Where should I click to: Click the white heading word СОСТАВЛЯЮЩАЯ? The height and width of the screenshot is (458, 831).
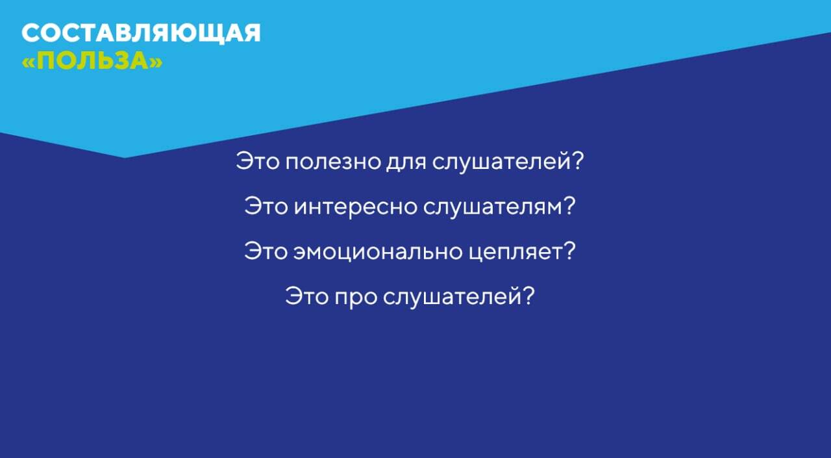[x=141, y=33]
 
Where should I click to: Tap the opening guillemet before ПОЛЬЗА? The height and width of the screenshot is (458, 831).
[x=28, y=62]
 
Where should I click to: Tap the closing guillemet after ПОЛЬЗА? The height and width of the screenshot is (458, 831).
[x=156, y=62]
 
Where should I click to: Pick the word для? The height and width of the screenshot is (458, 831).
[x=406, y=162]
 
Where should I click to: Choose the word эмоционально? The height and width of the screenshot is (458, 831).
[x=378, y=251]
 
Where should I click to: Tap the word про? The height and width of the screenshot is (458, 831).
[x=356, y=298]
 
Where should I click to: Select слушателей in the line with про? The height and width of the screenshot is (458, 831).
[x=451, y=296]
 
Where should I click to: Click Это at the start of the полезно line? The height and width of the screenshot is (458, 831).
[x=258, y=162]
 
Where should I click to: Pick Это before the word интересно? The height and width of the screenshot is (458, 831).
[x=266, y=206]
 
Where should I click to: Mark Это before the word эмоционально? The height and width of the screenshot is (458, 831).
[x=266, y=251]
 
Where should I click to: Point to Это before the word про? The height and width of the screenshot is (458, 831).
[x=307, y=296]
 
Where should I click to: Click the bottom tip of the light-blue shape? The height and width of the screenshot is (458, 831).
[x=125, y=158]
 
